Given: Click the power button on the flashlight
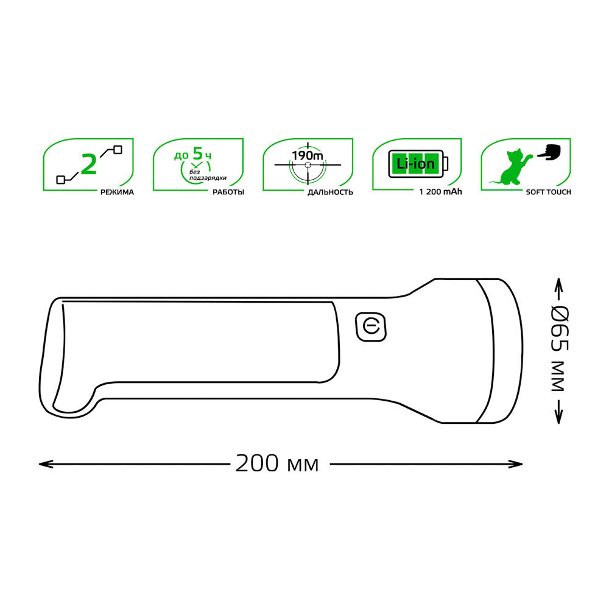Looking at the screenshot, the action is pos(370,327).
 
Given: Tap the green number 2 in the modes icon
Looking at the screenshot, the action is pos(89,164).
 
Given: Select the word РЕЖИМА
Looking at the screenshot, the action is pos(117,192).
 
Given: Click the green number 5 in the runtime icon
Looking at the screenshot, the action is pos(198,154).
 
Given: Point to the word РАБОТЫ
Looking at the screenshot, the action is pos(228,192).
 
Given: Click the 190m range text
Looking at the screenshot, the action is pos(307,156).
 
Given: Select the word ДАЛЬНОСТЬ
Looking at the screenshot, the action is pos(330,192).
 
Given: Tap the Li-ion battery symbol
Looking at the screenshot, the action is pos(418,164).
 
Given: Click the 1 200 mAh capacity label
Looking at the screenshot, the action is pos(440,191).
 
